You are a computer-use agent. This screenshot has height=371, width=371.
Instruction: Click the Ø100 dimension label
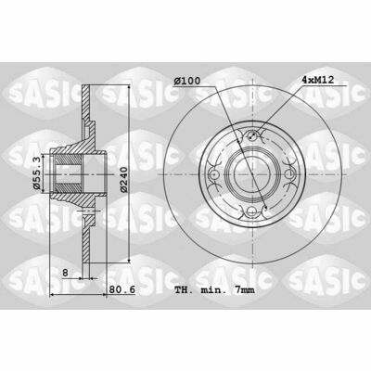click(187, 81)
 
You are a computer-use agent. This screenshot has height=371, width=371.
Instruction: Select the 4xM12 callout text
click(317, 80)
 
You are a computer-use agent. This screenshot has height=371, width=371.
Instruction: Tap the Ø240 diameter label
click(123, 180)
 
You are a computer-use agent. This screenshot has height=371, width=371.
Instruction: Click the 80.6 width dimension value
click(122, 289)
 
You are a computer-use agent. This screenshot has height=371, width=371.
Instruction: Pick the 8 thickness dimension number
click(65, 273)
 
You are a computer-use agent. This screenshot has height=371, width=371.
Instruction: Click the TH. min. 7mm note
click(214, 290)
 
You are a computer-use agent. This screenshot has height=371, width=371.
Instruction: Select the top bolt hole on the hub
click(252, 135)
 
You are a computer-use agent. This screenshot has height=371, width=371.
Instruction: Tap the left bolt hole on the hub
click(213, 174)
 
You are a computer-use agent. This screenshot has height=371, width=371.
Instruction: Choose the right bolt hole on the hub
click(290, 174)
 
